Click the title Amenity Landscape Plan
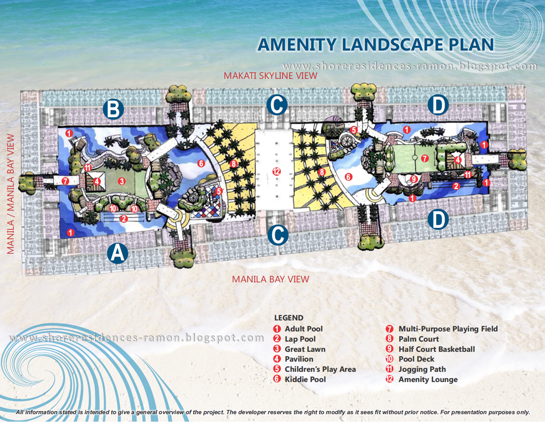click(375, 45)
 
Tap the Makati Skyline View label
click(270, 76)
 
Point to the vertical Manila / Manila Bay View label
click(11, 194)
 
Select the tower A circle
click(117, 253)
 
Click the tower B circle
click(113, 109)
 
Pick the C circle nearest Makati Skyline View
click(277, 105)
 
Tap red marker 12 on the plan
click(276, 172)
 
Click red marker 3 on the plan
click(122, 181)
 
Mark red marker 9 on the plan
click(414, 179)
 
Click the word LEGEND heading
click(289, 318)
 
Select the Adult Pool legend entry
click(303, 329)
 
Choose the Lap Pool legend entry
click(300, 339)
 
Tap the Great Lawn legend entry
click(305, 349)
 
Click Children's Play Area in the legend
click(320, 369)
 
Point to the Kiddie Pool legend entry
click(305, 379)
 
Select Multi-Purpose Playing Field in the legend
click(448, 329)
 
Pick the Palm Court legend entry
click(418, 339)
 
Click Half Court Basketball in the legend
click(436, 349)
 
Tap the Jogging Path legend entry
click(422, 369)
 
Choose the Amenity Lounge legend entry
click(428, 379)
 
